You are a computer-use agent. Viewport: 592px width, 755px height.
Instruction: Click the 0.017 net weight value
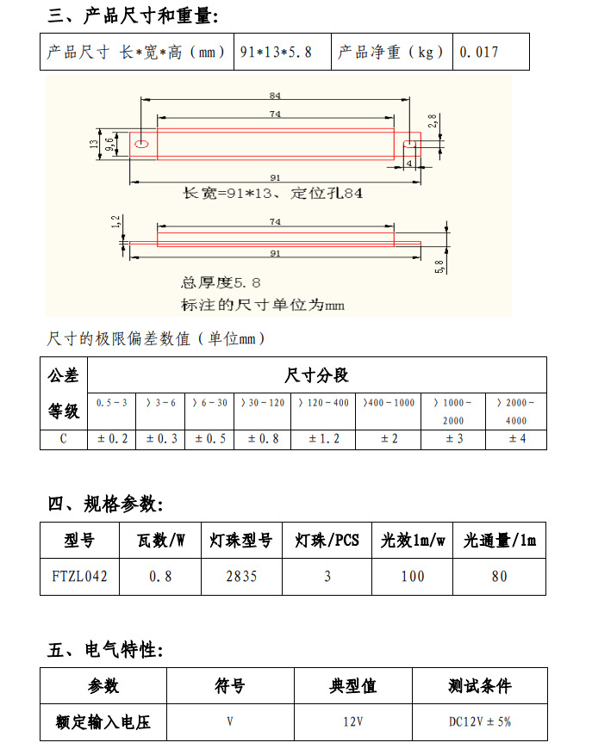point(479,52)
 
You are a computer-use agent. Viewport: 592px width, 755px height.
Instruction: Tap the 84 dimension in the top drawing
point(275,96)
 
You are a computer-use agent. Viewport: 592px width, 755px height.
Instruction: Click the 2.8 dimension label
point(433,122)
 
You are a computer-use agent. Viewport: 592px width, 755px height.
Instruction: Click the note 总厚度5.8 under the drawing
point(221,282)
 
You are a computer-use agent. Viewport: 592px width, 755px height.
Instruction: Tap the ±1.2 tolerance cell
point(323,439)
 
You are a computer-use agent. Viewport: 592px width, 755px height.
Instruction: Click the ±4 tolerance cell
point(515,439)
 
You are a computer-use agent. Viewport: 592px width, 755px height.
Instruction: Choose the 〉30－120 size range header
point(263,402)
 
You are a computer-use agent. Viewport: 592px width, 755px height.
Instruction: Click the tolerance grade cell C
point(64,439)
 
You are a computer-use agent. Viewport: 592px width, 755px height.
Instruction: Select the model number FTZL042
point(79,576)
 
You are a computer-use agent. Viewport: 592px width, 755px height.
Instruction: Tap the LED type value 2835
point(241,576)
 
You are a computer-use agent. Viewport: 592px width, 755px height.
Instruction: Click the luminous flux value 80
point(499,576)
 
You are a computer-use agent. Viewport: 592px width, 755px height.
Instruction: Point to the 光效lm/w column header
point(413,541)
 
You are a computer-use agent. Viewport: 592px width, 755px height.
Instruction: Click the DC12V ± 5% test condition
point(479,721)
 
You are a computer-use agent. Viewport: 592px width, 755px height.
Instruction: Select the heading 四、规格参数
point(105,504)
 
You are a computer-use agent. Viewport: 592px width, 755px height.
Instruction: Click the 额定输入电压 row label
point(103,721)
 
